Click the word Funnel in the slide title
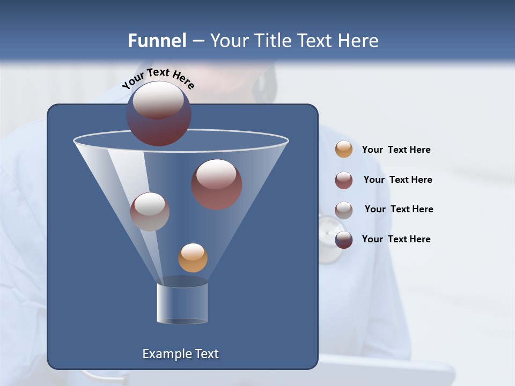pos(157,41)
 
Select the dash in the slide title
pos(198,41)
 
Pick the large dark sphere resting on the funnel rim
pos(159,114)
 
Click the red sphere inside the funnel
pos(217,184)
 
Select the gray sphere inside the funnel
pos(150,212)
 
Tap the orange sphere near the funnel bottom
pos(193,258)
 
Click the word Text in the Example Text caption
pos(207,354)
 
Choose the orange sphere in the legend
pos(344,149)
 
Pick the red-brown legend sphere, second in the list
pos(344,180)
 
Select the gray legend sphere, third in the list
pos(344,210)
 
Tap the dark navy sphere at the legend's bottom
pos(344,240)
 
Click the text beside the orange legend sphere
pos(396,150)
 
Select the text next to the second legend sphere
pos(398,180)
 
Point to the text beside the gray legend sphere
pos(399,209)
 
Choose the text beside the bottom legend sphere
pos(396,239)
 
